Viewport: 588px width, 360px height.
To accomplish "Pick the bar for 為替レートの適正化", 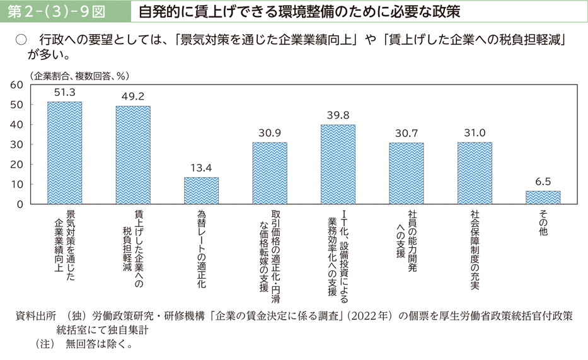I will click(x=201, y=190).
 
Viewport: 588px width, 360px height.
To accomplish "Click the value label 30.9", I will click(x=269, y=133).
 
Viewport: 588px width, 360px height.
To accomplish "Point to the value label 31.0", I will click(x=475, y=133).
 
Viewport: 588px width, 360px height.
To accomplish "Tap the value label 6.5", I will click(x=543, y=182).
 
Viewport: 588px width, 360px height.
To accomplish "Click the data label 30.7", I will click(x=406, y=133).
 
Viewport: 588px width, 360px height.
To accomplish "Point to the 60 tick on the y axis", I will click(x=17, y=84).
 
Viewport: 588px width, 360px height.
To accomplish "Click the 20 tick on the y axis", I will click(x=17, y=165).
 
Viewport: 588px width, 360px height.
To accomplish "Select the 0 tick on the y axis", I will click(x=20, y=204).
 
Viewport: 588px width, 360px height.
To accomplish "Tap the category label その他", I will click(x=543, y=224).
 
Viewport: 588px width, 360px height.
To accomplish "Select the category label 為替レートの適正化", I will click(x=201, y=250).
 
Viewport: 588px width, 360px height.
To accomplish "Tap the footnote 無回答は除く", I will click(x=98, y=344).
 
